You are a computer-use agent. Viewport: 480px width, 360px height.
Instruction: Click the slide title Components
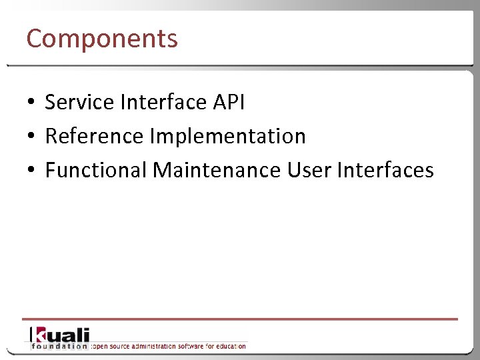pos(102,39)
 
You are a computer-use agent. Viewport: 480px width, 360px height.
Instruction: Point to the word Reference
pos(94,136)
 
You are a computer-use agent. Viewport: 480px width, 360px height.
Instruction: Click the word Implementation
pos(227,136)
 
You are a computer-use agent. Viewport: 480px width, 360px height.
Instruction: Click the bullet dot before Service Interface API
pos(31,103)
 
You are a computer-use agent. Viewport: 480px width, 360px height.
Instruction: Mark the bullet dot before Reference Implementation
pos(31,137)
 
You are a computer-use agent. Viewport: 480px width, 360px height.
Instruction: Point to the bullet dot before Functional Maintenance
pos(31,171)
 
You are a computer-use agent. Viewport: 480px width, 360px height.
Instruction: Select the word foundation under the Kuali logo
pos(59,346)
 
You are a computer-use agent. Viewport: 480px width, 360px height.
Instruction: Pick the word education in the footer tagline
pos(229,346)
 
